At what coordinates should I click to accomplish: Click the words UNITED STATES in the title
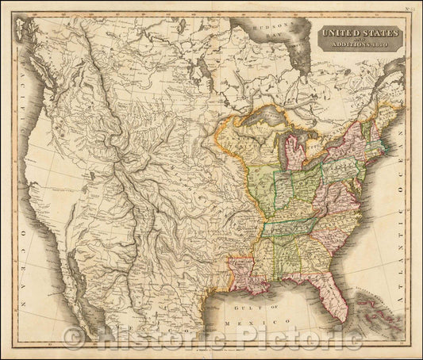pyautogui.click(x=357, y=33)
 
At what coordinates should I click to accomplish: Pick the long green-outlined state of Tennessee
pyautogui.click(x=298, y=227)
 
